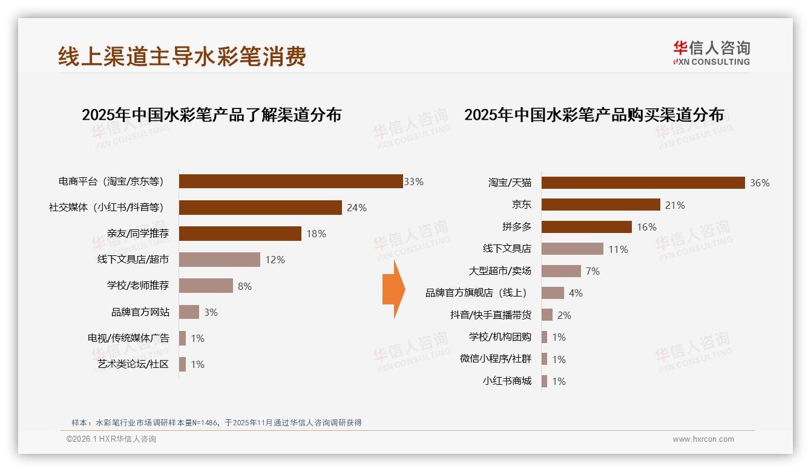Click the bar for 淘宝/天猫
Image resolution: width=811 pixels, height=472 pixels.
point(643,183)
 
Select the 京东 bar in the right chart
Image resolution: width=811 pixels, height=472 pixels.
point(600,205)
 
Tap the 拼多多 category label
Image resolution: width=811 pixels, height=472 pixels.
point(516,227)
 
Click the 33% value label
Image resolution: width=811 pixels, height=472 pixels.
point(414,182)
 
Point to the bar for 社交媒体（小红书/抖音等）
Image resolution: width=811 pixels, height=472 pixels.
point(260,208)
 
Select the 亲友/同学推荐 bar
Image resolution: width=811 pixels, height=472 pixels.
point(240,234)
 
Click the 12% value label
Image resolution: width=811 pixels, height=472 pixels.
point(275,260)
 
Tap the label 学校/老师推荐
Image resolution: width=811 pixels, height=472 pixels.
point(137,286)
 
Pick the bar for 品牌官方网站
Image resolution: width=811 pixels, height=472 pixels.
point(189,312)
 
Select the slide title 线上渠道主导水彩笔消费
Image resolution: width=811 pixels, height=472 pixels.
point(182,56)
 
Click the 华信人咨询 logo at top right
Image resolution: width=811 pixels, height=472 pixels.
point(711,53)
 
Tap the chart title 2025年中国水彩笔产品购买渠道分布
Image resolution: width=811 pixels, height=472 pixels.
point(594,115)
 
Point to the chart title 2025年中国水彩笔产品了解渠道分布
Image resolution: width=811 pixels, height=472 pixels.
point(211,115)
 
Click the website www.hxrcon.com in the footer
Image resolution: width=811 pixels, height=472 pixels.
point(703,439)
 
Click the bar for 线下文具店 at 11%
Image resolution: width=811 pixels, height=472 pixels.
point(572,249)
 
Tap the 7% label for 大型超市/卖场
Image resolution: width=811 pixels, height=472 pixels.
point(593,271)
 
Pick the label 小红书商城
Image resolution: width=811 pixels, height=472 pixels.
point(507,381)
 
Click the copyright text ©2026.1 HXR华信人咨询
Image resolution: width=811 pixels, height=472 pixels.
point(111,439)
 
